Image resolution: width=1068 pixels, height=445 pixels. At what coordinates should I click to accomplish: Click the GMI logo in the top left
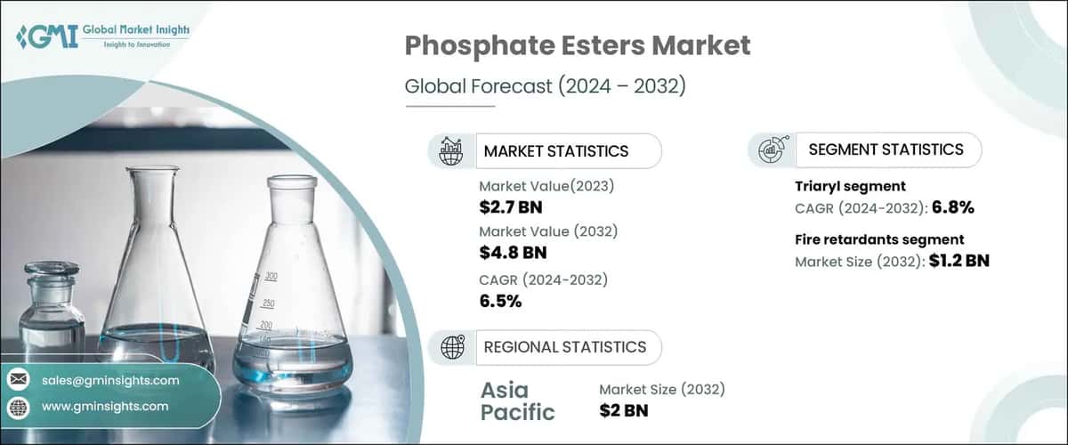(46, 36)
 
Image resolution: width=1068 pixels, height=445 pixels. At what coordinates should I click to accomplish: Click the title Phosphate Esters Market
(578, 46)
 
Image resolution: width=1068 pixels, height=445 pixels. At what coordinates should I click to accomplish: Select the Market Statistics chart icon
(451, 150)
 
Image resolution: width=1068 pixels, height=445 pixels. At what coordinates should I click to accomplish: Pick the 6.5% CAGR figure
(500, 301)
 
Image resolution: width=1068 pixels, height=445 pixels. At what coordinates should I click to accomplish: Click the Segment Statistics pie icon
(771, 150)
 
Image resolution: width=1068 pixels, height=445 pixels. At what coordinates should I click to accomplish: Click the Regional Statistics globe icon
(451, 346)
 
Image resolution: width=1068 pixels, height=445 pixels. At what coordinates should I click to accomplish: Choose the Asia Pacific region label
(517, 400)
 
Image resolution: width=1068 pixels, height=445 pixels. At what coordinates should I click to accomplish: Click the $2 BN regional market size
(624, 410)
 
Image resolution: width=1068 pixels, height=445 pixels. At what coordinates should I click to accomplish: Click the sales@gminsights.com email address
(110, 380)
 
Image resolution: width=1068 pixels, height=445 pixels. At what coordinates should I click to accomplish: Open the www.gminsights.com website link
(105, 406)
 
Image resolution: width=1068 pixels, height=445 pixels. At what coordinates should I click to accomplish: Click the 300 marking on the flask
(272, 277)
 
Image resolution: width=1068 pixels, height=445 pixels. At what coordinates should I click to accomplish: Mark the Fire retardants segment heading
(878, 239)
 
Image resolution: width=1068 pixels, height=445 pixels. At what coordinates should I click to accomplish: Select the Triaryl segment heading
(849, 187)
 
